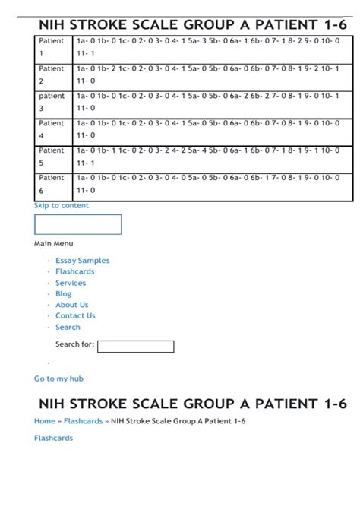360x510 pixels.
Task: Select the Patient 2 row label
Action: point(52,74)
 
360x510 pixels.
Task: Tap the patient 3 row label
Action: point(52,102)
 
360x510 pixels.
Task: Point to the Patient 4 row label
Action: point(52,129)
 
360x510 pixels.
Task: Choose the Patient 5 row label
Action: point(52,157)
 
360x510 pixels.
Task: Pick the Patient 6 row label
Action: point(52,184)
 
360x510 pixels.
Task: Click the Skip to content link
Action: point(62,205)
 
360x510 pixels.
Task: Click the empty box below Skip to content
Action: point(77,224)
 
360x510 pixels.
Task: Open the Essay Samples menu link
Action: point(82,261)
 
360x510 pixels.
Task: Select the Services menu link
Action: point(71,283)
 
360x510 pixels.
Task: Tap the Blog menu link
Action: point(64,294)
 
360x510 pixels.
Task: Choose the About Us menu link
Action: point(72,305)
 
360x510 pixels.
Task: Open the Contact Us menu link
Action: point(75,316)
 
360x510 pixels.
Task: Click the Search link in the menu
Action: point(68,328)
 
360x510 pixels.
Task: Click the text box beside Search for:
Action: point(136,347)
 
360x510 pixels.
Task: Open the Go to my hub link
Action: point(58,379)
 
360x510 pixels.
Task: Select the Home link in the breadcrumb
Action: point(45,421)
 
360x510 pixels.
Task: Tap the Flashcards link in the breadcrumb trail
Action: point(83,421)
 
